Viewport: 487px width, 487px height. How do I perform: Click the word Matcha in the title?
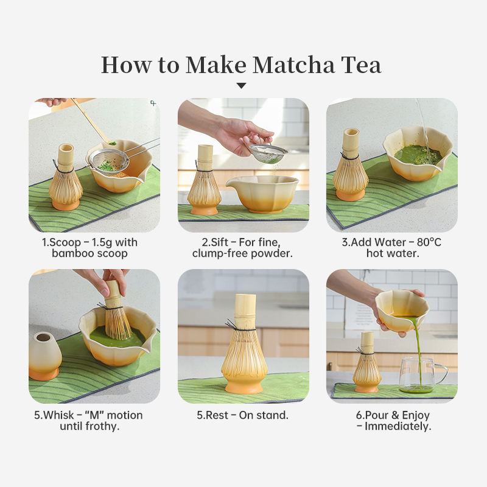[293, 65]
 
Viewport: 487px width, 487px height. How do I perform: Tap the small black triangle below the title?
[241, 86]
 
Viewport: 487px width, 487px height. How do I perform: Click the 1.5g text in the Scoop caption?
[102, 242]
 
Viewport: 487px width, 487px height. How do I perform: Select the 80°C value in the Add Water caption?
[429, 242]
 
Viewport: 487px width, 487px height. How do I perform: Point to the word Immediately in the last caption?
[398, 426]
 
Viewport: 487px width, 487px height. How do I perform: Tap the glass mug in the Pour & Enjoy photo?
[422, 375]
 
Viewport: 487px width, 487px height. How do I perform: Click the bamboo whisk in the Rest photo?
[245, 344]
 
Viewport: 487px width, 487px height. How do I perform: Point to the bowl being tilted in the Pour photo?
[402, 310]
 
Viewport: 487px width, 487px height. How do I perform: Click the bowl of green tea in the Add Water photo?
[417, 154]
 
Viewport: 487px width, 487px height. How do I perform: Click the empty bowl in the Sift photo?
[262, 194]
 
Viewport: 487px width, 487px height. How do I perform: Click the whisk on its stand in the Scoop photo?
[66, 177]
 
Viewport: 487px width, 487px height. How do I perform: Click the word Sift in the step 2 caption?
[220, 242]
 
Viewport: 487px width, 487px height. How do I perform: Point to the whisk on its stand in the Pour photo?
[367, 362]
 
